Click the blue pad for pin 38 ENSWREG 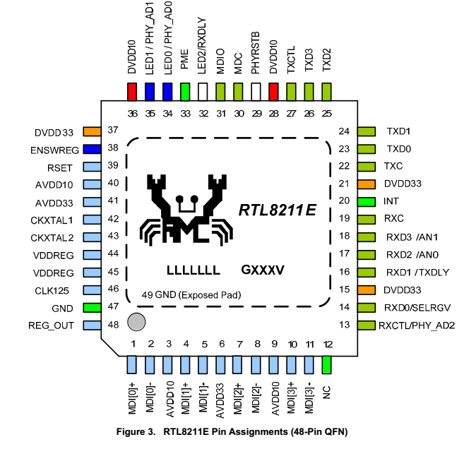tap(92, 149)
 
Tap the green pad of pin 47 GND tap(92, 308)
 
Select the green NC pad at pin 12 tap(326, 364)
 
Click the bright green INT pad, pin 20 tap(366, 201)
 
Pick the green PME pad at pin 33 tap(185, 92)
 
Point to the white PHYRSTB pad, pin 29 tap(256, 92)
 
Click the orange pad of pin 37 tap(92, 131)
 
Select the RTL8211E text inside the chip tap(276, 210)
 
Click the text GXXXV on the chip tap(263, 270)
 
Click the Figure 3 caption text tap(232, 431)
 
